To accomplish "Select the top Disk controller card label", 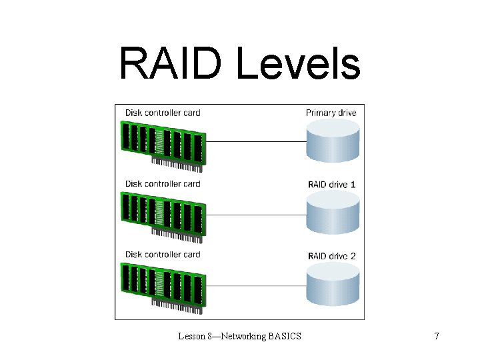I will [x=163, y=113].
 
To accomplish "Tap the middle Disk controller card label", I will [x=163, y=183].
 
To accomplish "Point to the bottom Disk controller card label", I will [x=163, y=254].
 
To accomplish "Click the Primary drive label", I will [x=331, y=113].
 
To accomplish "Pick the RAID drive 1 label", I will [x=332, y=184].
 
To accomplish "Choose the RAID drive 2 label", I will [x=332, y=255].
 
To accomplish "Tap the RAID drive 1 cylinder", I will [x=333, y=214].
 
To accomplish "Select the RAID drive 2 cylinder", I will [x=333, y=285].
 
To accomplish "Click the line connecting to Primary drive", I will [x=257, y=142].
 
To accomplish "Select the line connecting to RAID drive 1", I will [x=257, y=214].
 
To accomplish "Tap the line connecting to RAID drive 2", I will [x=257, y=285].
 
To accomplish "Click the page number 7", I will [x=436, y=336].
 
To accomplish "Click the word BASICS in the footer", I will [x=284, y=336].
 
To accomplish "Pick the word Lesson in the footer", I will [x=193, y=336].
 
